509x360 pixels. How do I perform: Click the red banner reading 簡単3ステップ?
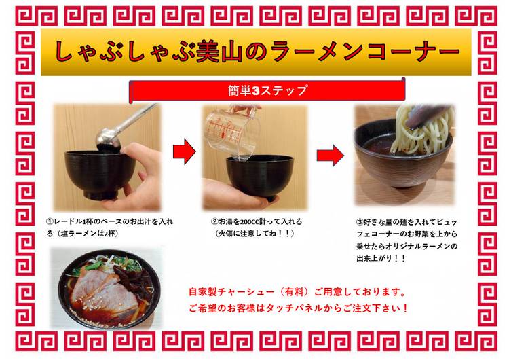click(x=267, y=90)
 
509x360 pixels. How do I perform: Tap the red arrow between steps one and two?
click(x=185, y=151)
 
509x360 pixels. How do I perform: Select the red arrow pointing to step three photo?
click(x=331, y=156)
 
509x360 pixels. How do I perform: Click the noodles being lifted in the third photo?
click(x=422, y=130)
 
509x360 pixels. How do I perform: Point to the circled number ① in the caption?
click(x=50, y=222)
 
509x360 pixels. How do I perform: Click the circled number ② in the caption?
click(x=214, y=222)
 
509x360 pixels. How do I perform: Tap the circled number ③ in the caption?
click(x=360, y=223)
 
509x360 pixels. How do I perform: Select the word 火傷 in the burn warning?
click(x=227, y=234)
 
